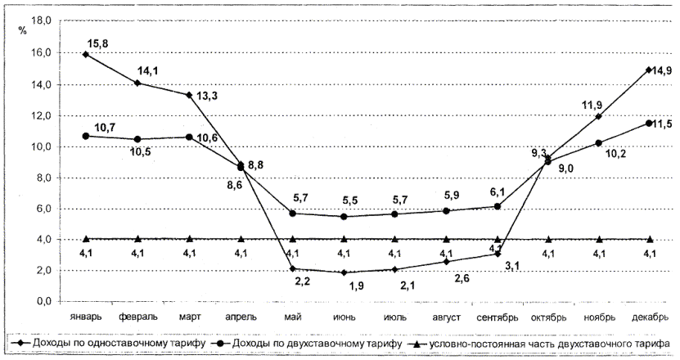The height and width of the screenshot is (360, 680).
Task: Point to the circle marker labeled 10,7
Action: [x=86, y=136]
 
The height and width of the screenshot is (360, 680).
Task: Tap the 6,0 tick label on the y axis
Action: [x=43, y=209]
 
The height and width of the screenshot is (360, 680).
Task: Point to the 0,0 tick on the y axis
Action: [x=43, y=302]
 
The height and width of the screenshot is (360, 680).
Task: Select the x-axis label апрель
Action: [x=241, y=316]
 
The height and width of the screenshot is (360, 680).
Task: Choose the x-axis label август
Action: [x=445, y=316]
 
